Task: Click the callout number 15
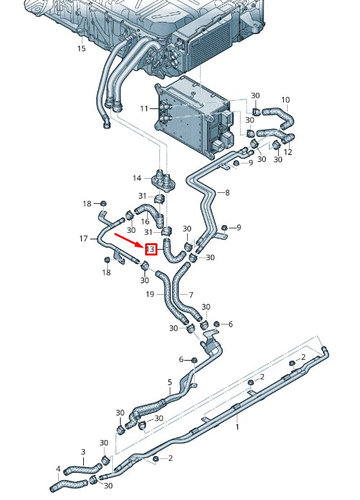coord(81,48)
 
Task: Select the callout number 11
coord(145,109)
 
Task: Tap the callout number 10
coord(286,100)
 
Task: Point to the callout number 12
coord(288,152)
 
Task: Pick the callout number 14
coord(137,178)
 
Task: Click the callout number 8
coord(226,192)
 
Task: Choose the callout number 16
coord(145,221)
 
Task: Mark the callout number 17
coord(83,239)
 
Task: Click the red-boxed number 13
coord(150,249)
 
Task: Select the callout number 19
coord(150,294)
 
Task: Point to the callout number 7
coord(190,294)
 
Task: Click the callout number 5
coord(170,382)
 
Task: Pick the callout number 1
coord(237,427)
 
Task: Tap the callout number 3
coord(83,452)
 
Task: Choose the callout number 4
coord(58,469)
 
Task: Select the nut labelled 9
coord(224,228)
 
